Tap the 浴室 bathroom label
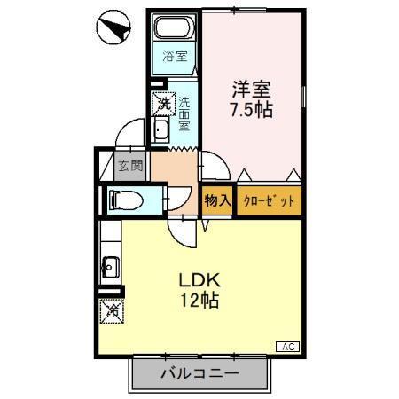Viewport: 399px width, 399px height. pos(175,58)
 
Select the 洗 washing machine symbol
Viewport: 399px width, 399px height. pos(164,104)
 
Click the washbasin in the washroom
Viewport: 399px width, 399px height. pos(163,132)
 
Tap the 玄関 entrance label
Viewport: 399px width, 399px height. pos(129,166)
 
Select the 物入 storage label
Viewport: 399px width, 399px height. pos(217,201)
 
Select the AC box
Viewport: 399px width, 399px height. pos(289,347)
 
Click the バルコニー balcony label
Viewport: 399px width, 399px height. pos(200,374)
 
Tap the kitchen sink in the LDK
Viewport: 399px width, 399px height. pos(111,263)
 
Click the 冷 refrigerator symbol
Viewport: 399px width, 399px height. pos(112,312)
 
